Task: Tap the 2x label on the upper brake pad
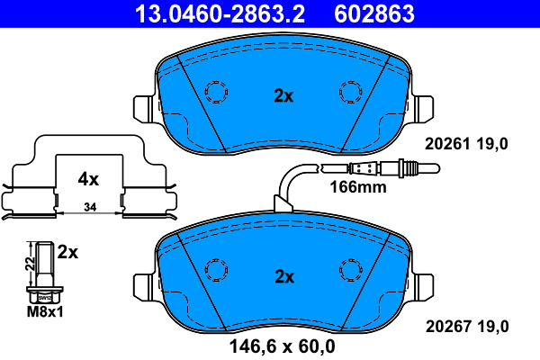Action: [283, 95]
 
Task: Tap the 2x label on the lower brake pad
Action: [283, 274]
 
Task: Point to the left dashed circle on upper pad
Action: [216, 92]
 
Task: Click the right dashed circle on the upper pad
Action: [349, 92]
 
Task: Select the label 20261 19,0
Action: [466, 142]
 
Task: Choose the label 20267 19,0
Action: [466, 325]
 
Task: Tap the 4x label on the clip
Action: [87, 179]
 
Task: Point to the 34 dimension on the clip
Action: [88, 208]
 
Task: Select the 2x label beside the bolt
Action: [67, 253]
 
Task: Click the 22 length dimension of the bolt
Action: [28, 262]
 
